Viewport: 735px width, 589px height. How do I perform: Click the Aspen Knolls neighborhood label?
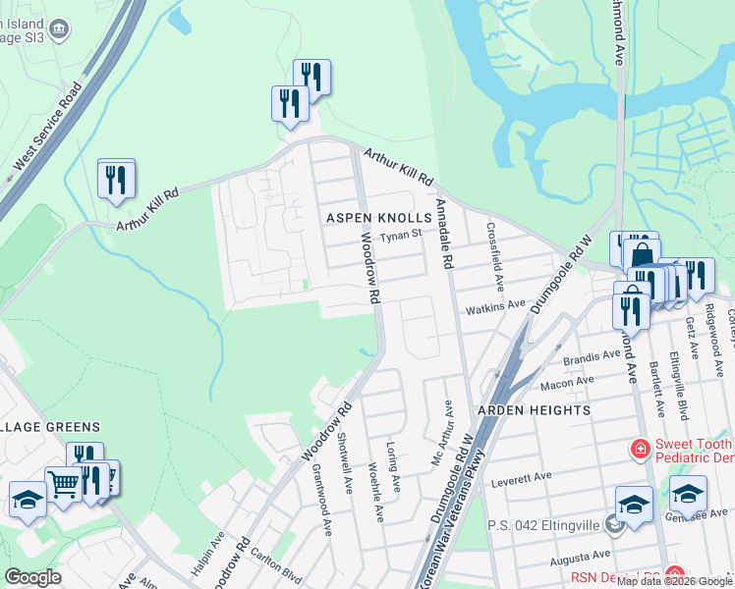click(379, 217)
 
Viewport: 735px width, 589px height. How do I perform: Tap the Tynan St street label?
click(401, 235)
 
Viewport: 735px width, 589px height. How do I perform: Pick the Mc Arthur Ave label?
click(448, 429)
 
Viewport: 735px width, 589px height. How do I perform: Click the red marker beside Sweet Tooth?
click(640, 449)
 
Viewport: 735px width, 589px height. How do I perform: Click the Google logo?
click(32, 577)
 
